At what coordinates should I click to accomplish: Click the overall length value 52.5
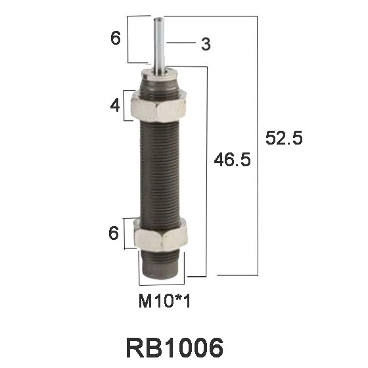tap(283, 139)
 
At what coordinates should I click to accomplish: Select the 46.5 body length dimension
tap(233, 160)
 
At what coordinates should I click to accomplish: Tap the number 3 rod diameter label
tap(206, 44)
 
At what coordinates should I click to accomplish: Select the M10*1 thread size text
tap(165, 302)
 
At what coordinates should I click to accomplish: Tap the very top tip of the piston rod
tap(160, 19)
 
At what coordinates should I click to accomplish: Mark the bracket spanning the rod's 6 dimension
tap(129, 39)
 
